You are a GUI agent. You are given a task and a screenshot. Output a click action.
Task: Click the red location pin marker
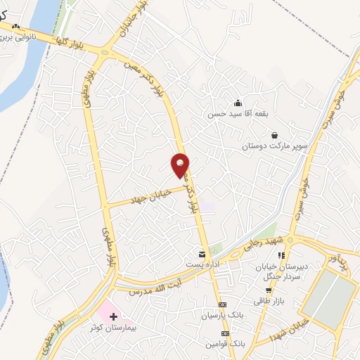pos(181,165)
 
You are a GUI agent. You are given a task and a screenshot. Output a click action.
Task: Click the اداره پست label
pos(202,264)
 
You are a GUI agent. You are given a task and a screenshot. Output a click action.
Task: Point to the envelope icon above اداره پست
pos(202,253)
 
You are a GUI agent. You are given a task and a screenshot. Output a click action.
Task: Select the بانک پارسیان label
pos(223,315)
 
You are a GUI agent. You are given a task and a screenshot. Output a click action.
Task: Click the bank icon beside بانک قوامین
pos(224,335)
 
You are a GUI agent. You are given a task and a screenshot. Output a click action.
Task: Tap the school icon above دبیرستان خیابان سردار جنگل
pos(281,256)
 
